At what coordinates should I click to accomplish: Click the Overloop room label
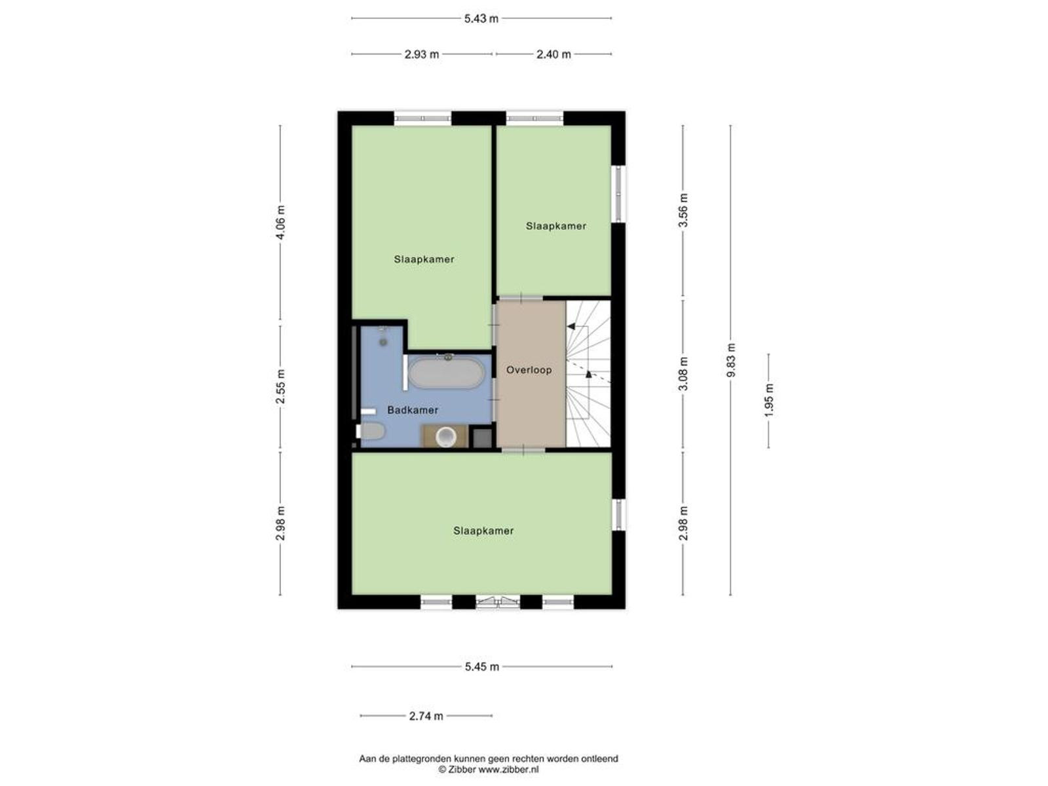(529, 370)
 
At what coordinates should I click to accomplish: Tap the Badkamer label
(413, 410)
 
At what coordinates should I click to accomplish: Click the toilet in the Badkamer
(371, 432)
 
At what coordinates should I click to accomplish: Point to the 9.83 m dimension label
(730, 360)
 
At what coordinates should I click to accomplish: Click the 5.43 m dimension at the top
(481, 18)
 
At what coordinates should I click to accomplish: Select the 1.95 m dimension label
(769, 400)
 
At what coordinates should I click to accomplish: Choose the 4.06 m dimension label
(280, 223)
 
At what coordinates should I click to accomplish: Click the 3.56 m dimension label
(683, 210)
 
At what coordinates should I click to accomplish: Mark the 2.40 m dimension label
(553, 54)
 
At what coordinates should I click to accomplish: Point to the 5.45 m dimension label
(481, 667)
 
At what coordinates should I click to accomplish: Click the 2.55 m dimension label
(280, 386)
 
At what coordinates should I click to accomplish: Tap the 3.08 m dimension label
(683, 373)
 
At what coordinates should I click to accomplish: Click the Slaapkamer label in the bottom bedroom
(483, 531)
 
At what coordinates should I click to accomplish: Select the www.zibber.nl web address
(508, 769)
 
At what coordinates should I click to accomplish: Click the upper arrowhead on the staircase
(571, 327)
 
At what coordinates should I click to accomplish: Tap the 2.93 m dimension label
(422, 54)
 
